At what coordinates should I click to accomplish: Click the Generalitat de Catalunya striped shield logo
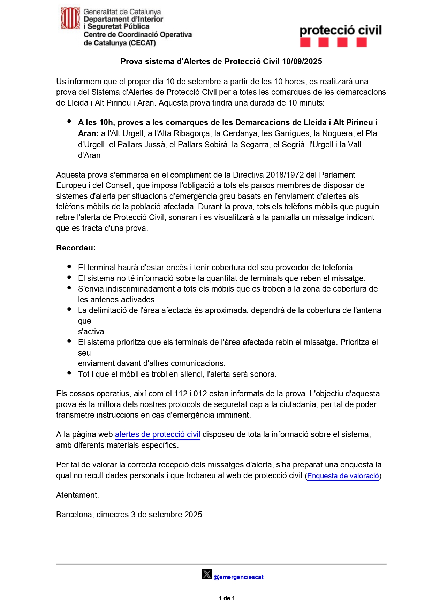pyautogui.click(x=70, y=18)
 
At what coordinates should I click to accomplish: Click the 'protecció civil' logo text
pyautogui.click(x=340, y=30)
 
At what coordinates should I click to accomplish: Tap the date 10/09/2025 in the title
pyautogui.click(x=302, y=62)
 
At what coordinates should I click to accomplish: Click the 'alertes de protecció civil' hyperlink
pyautogui.click(x=158, y=434)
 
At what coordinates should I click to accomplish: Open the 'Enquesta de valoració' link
pyautogui.click(x=343, y=476)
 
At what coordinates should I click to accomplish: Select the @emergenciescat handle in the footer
pyautogui.click(x=238, y=577)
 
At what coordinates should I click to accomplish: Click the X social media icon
pyautogui.click(x=207, y=574)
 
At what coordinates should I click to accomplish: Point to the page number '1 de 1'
pyautogui.click(x=227, y=598)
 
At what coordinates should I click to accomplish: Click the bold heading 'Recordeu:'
pyautogui.click(x=76, y=248)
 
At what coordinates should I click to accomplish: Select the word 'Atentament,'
pyautogui.click(x=77, y=495)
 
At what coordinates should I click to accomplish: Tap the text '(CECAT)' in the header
pyautogui.click(x=142, y=43)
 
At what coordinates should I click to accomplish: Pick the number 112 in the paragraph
pyautogui.click(x=181, y=394)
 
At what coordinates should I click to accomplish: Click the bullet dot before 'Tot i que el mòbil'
pyautogui.click(x=69, y=373)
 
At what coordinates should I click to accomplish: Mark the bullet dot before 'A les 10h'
pyautogui.click(x=69, y=121)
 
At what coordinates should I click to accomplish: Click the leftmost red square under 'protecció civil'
pyautogui.click(x=305, y=42)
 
